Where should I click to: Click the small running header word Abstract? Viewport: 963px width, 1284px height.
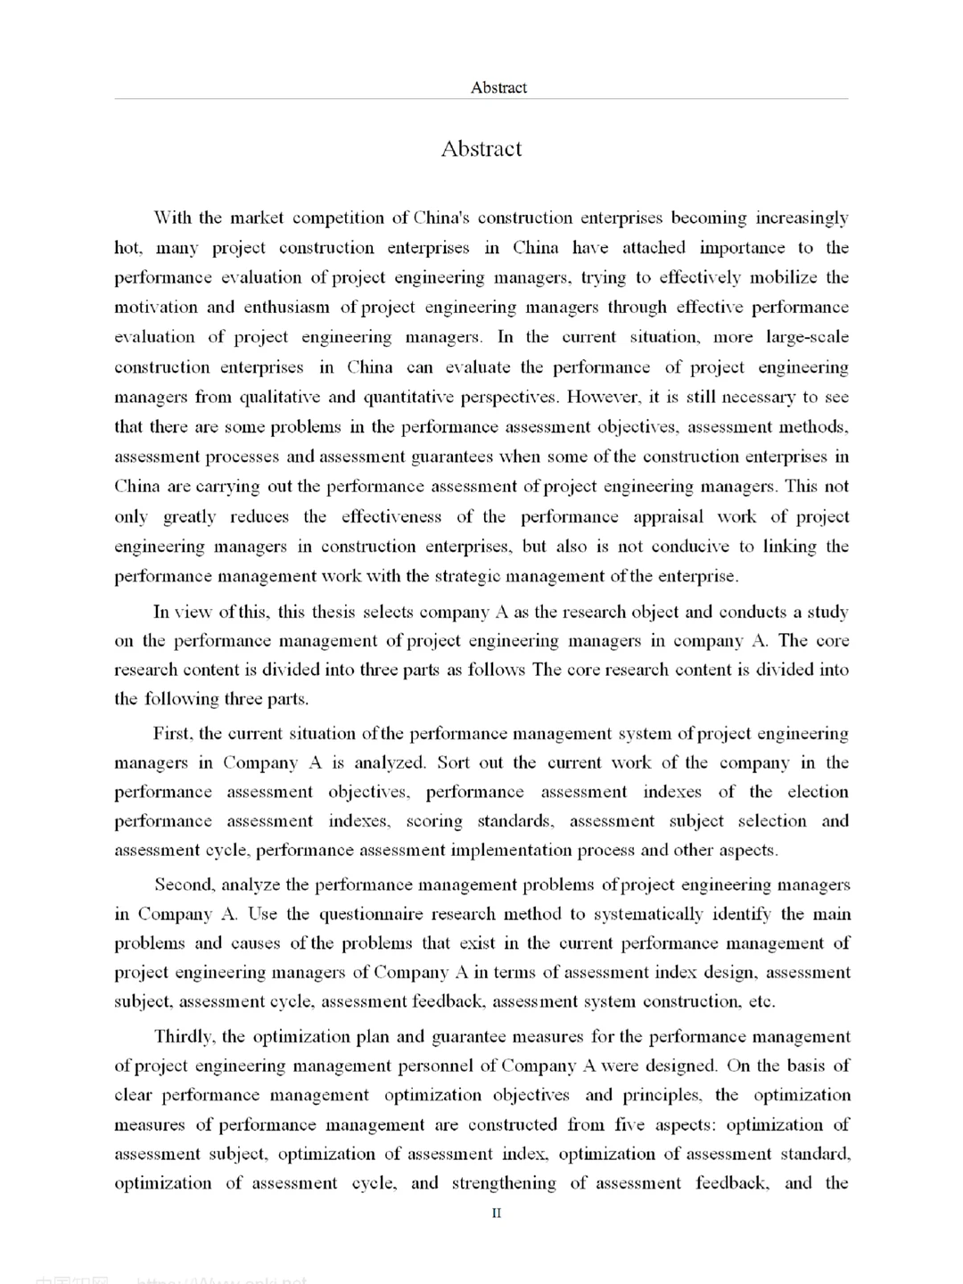click(x=498, y=87)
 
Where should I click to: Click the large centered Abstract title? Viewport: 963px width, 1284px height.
click(x=481, y=149)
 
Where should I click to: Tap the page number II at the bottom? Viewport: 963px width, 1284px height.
click(x=497, y=1213)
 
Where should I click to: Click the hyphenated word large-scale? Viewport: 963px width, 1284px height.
click(x=807, y=337)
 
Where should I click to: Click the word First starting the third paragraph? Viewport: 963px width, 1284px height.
click(x=171, y=734)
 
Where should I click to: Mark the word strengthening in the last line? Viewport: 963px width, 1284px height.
click(x=504, y=1183)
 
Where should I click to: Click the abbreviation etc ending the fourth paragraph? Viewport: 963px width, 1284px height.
click(x=761, y=1001)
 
